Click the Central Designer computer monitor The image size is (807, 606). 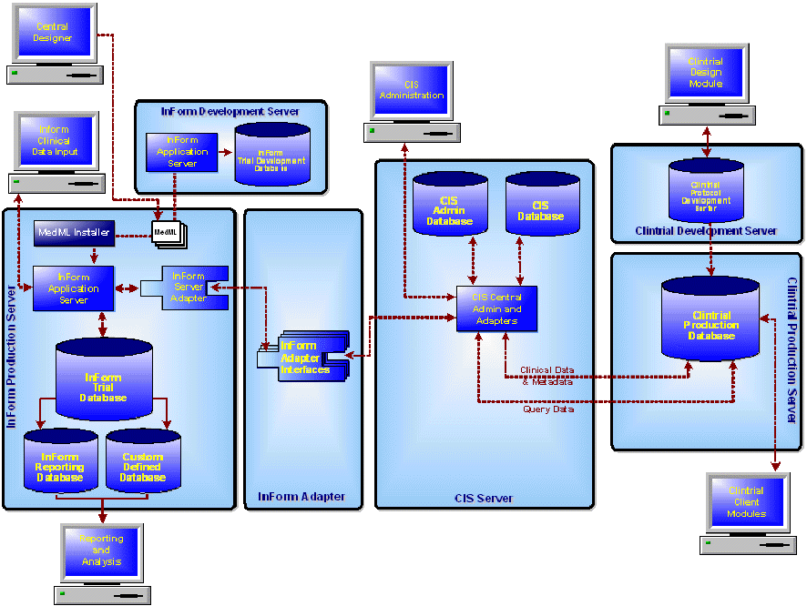click(53, 34)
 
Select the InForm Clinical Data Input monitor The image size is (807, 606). click(55, 142)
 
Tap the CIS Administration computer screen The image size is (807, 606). click(412, 91)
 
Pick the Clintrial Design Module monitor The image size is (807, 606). click(706, 73)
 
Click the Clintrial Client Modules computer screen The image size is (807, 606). click(747, 502)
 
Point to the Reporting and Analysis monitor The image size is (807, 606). click(101, 550)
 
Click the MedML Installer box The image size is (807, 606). click(74, 233)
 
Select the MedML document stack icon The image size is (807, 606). click(167, 233)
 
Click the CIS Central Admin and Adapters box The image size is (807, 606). click(496, 308)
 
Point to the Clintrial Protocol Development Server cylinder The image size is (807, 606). click(706, 191)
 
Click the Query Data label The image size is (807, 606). click(548, 409)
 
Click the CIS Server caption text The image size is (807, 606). click(484, 498)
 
